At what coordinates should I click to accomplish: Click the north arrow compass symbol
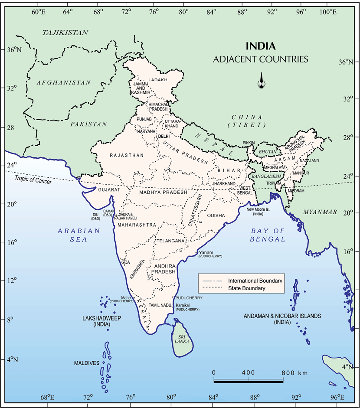pyautogui.click(x=262, y=80)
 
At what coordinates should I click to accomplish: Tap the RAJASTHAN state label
pyautogui.click(x=126, y=155)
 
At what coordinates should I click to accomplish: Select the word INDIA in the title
pyautogui.click(x=260, y=46)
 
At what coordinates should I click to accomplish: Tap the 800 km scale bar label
pyautogui.click(x=295, y=373)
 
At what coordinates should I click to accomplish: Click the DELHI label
pyautogui.click(x=164, y=136)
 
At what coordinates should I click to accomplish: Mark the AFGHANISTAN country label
pyautogui.click(x=64, y=82)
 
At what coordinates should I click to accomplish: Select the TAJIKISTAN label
pyautogui.click(x=65, y=33)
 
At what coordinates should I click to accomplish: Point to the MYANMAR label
pyautogui.click(x=320, y=212)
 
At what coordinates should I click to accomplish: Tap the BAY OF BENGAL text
pyautogui.click(x=267, y=235)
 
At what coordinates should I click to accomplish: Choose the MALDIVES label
pyautogui.click(x=87, y=363)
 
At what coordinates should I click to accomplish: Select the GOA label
pyautogui.click(x=126, y=262)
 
